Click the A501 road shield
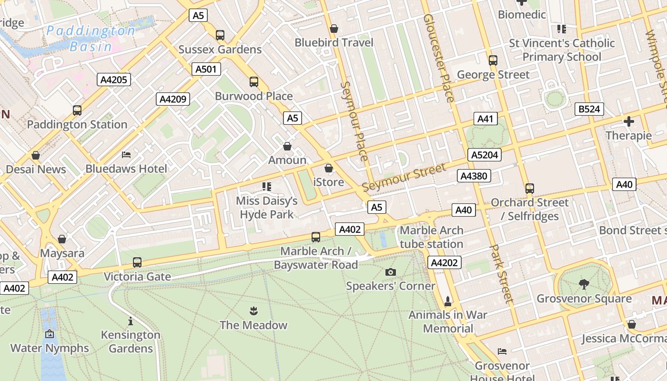(206, 69)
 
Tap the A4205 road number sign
(114, 80)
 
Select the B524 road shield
(589, 109)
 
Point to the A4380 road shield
(474, 176)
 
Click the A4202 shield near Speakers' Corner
(445, 262)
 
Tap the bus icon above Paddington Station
(77, 110)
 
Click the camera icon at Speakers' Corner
(391, 272)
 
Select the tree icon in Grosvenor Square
(584, 284)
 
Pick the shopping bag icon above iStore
(329, 168)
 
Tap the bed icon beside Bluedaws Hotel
(126, 155)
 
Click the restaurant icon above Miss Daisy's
(267, 186)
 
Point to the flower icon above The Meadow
(253, 311)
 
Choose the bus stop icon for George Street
(493, 60)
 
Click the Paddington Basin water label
(91, 39)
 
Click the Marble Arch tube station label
(431, 237)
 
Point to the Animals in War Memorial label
(448, 321)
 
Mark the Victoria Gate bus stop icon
(137, 262)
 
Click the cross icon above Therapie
(629, 121)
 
